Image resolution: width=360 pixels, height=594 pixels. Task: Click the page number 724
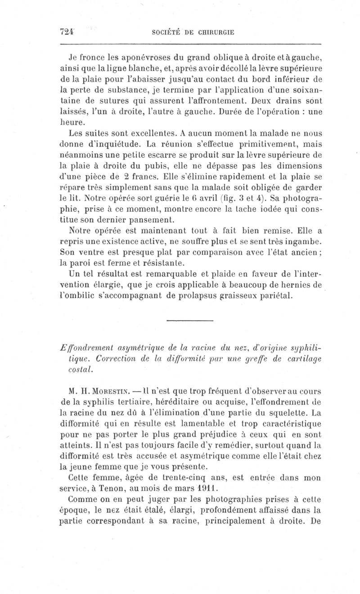coord(67,32)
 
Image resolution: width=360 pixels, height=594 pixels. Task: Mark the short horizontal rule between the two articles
coord(189,320)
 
